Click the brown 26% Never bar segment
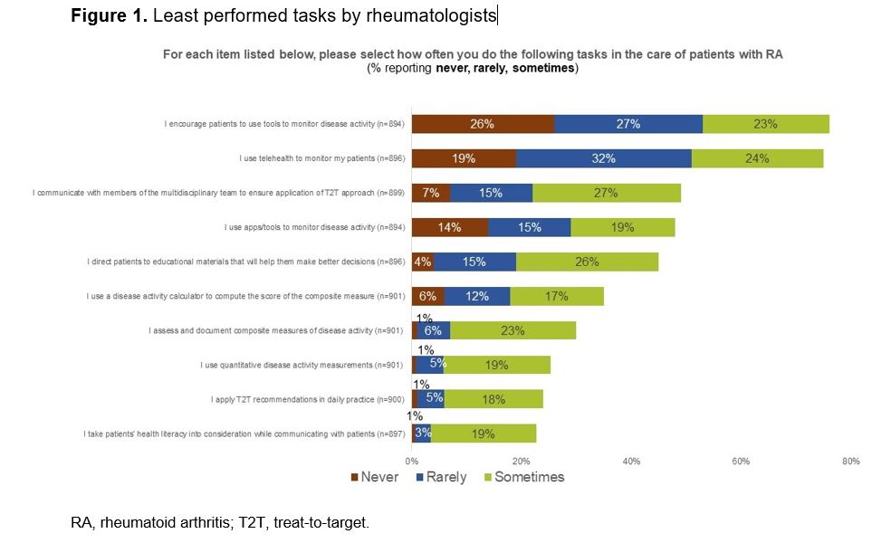483,124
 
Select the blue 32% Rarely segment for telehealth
603,158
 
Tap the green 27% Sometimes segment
606,193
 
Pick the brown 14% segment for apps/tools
449,227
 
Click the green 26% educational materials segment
587,262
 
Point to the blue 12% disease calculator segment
477,296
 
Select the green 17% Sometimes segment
557,296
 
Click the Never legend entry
374,477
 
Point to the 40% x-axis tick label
632,462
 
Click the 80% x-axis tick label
850,462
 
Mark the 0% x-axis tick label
412,462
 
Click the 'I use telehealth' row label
321,158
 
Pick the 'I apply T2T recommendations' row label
307,399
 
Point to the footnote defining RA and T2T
220,522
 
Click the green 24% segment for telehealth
757,158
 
